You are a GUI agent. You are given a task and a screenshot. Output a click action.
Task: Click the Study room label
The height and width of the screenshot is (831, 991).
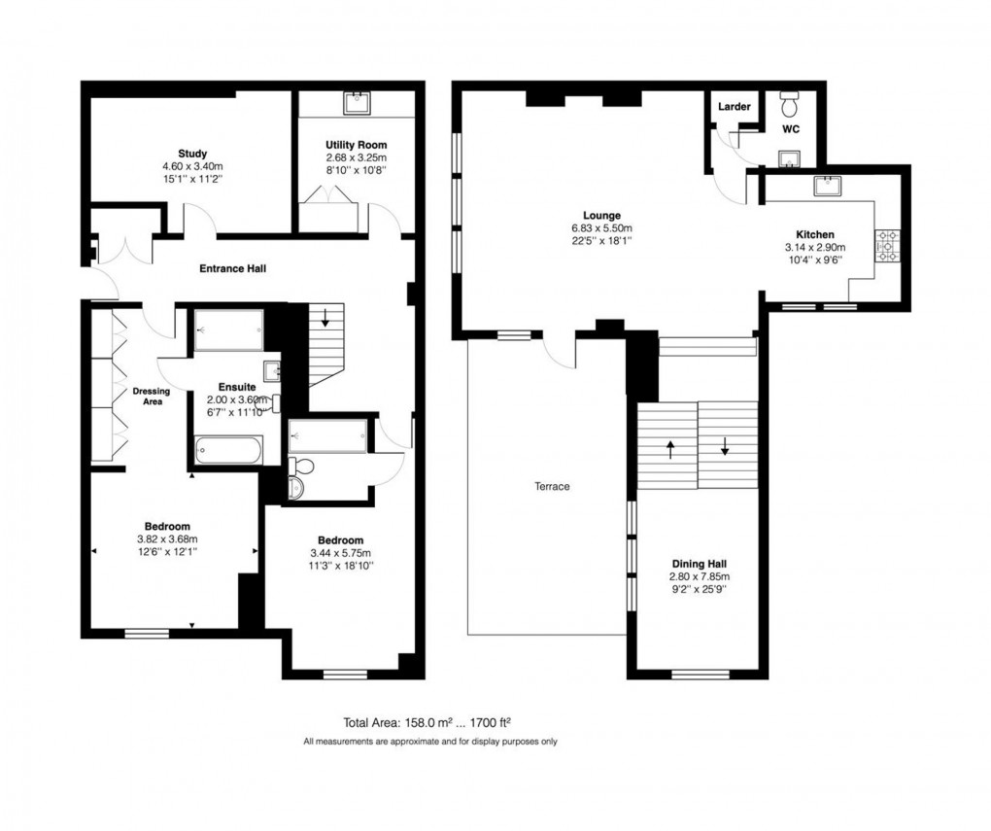[x=192, y=153]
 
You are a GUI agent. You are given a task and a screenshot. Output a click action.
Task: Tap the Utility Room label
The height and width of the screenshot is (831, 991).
[x=356, y=145]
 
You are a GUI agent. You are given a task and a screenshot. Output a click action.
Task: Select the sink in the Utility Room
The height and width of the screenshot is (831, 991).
[x=356, y=102]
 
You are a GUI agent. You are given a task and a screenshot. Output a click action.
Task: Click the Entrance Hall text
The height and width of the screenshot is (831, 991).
[x=232, y=268]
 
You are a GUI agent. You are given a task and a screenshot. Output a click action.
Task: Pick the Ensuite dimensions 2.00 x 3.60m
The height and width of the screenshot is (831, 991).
[x=236, y=399]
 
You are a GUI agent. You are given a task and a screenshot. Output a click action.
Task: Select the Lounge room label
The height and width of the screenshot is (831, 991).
[x=601, y=215]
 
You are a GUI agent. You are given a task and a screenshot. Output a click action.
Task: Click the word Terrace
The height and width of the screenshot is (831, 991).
[x=551, y=486]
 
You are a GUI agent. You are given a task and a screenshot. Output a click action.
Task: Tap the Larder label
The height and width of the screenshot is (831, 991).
[x=734, y=106]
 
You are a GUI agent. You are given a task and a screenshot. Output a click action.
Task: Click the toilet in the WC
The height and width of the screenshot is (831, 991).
[x=790, y=102]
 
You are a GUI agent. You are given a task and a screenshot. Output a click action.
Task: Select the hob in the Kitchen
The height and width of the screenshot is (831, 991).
[x=887, y=246]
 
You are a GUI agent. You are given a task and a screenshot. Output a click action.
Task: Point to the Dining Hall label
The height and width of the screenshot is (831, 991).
[x=700, y=563]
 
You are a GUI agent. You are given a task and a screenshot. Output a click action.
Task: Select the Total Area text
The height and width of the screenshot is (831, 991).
[x=427, y=722]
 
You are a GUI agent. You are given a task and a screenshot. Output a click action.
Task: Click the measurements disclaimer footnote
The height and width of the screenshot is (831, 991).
[x=429, y=742]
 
